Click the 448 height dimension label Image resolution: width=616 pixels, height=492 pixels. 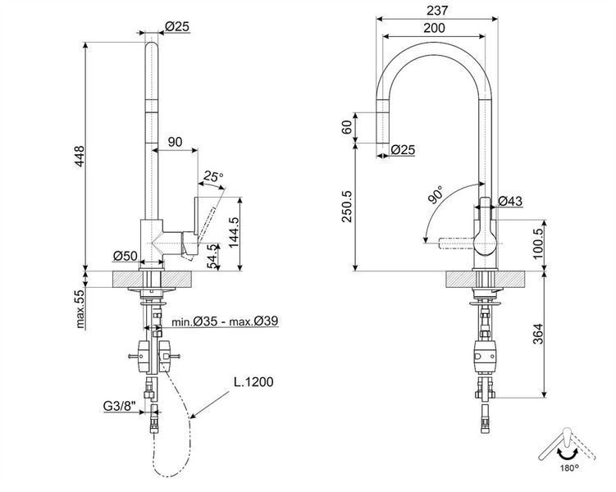[x=80, y=156]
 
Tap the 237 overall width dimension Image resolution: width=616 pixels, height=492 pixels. [x=437, y=11]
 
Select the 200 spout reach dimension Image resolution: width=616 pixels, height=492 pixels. [x=434, y=28]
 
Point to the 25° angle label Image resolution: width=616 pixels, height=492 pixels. [x=213, y=176]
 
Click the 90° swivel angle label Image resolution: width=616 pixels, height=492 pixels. [x=435, y=195]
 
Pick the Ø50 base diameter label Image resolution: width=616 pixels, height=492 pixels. [x=125, y=256]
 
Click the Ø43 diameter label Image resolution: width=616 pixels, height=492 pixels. [x=510, y=201]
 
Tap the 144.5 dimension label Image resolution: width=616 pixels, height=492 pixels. [x=235, y=232]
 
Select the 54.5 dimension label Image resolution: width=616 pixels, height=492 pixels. [x=212, y=257]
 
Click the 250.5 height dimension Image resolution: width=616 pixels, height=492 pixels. [x=347, y=207]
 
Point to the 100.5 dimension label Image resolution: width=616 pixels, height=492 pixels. [x=538, y=243]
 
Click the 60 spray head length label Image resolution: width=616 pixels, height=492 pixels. [x=347, y=127]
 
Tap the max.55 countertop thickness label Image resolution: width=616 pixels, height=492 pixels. [x=80, y=308]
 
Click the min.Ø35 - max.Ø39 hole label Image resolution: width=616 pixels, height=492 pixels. [x=225, y=321]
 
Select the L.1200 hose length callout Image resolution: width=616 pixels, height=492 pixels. [x=253, y=381]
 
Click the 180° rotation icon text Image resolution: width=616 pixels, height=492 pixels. [x=569, y=467]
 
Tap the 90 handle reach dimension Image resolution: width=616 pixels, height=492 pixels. [x=176, y=142]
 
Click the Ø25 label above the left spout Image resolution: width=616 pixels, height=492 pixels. [x=177, y=26]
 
